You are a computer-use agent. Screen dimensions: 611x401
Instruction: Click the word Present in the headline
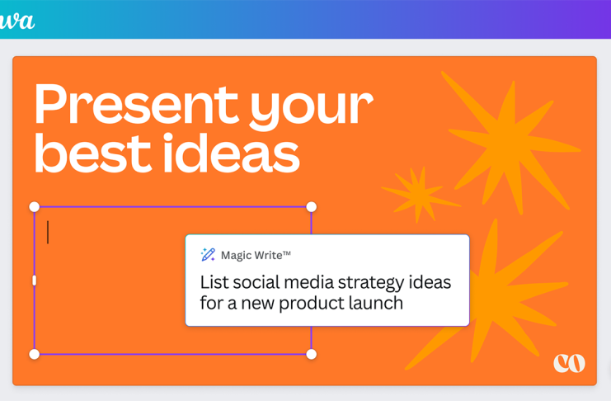[x=136, y=104]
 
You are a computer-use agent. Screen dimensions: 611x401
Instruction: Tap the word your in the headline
[x=312, y=109]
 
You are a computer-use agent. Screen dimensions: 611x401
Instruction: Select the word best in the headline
[x=92, y=153]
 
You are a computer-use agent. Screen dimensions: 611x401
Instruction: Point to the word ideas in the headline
[x=232, y=153]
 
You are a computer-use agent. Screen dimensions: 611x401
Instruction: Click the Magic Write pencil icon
[x=208, y=255]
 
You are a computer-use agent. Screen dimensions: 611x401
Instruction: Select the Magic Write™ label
[x=256, y=255]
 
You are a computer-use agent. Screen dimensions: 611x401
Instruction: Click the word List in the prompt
[x=214, y=282]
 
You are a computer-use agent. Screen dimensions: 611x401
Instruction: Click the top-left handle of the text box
[x=35, y=207]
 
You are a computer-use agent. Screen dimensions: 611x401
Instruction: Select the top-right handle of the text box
[x=312, y=207]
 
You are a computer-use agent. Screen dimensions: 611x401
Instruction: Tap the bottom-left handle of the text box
[x=35, y=354]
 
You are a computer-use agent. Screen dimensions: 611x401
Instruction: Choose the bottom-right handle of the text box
[x=312, y=354]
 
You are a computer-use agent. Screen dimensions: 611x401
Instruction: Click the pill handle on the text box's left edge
[x=35, y=280]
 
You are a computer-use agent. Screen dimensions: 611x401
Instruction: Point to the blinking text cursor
[x=48, y=232]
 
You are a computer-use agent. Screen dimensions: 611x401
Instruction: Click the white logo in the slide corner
[x=569, y=363]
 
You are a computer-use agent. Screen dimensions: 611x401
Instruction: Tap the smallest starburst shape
[x=420, y=194]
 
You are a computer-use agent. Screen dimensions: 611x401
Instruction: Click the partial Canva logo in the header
[x=16, y=21]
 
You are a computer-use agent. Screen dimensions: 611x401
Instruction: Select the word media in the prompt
[x=308, y=282]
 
